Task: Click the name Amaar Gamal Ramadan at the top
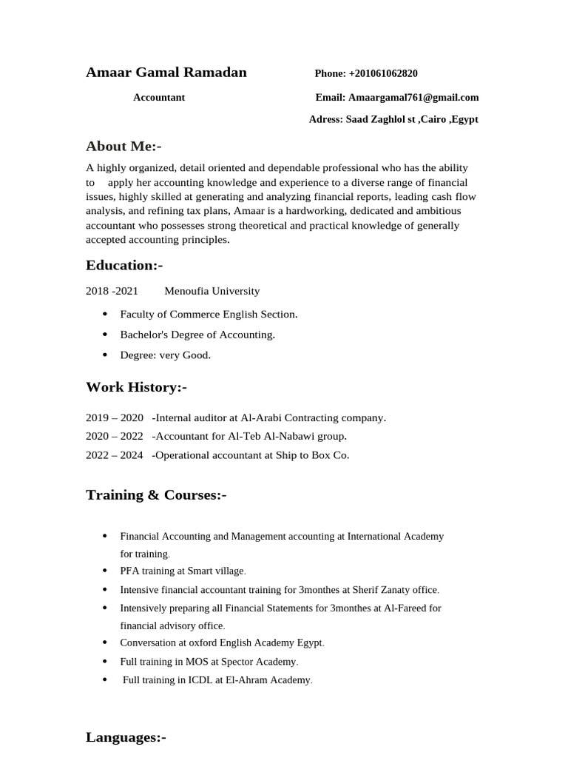(166, 73)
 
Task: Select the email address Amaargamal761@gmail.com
(413, 97)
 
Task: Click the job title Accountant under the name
(159, 97)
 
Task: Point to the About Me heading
(124, 147)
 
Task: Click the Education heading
(124, 265)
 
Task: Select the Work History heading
(137, 387)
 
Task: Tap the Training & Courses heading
(156, 494)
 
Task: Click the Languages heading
(126, 737)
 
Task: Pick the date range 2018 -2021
(112, 291)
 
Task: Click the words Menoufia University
(212, 291)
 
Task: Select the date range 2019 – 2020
(115, 417)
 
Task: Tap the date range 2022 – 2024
(115, 455)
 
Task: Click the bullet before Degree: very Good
(104, 355)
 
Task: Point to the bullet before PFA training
(104, 571)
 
